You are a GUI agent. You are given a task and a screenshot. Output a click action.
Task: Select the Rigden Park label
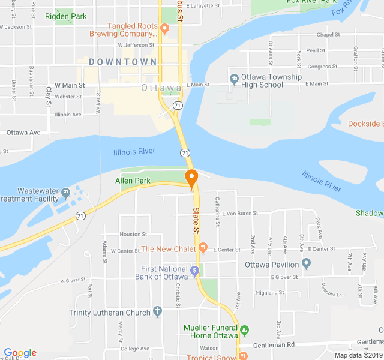[x=65, y=16]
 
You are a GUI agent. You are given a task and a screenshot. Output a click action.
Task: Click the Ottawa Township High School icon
[x=234, y=78]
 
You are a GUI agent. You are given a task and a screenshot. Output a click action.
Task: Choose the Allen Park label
[x=133, y=180]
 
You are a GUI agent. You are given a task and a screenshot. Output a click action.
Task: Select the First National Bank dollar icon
[x=194, y=271]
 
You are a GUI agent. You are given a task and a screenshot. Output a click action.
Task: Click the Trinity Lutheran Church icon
[x=157, y=311]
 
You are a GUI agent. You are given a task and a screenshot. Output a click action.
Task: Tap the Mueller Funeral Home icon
[x=244, y=329]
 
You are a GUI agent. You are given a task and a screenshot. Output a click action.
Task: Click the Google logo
[x=20, y=353]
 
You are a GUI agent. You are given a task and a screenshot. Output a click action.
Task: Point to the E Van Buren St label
[x=239, y=213]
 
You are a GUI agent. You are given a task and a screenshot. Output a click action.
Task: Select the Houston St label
[x=133, y=234]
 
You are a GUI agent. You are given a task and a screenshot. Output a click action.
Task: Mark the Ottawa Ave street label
[x=23, y=132]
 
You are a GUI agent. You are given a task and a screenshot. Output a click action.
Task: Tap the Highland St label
[x=269, y=293]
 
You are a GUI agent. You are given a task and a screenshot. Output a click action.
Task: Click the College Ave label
[x=134, y=349]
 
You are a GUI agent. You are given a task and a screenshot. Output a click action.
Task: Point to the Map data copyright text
[x=358, y=355]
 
